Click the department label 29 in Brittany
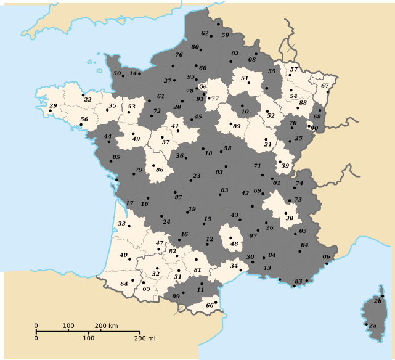53,106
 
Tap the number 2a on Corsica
372,325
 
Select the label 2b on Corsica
377,301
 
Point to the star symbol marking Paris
203,87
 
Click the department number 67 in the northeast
325,86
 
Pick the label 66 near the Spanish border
210,305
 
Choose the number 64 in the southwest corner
124,284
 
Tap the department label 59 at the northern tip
225,35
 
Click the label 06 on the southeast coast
326,256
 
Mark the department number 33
122,223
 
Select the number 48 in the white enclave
234,243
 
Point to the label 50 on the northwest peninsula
117,73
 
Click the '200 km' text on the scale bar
106,325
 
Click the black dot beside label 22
83,95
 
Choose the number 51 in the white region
244,78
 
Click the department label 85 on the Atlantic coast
116,158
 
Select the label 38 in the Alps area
290,218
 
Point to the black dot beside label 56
81,125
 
